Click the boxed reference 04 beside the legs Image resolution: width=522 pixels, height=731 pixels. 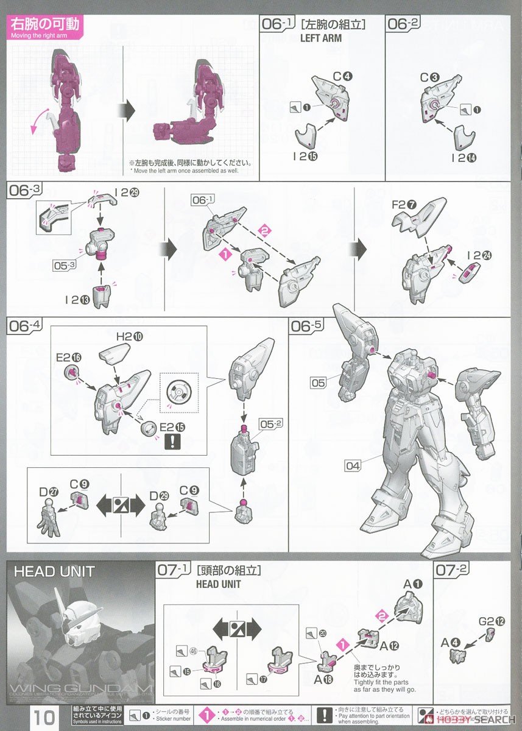[353, 466]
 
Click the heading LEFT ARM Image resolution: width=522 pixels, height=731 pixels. [320, 38]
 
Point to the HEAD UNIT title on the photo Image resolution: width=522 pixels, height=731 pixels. [54, 571]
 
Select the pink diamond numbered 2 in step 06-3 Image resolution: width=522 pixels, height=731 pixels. [265, 231]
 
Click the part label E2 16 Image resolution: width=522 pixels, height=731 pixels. [67, 358]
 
